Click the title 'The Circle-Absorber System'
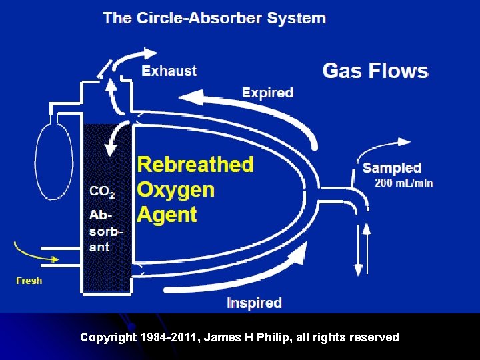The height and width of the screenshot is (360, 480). tap(214, 17)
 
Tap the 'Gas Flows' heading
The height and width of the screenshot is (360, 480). tap(375, 71)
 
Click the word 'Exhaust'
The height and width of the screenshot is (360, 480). tap(170, 71)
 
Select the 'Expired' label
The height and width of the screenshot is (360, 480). tap(267, 93)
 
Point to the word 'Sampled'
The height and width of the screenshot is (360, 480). tap(392, 168)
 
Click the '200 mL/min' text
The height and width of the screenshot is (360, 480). tap(404, 183)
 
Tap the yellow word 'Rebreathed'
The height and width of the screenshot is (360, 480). tap(195, 164)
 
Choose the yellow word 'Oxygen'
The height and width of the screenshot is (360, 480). tap(176, 189)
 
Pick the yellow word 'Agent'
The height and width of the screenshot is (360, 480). tap(167, 215)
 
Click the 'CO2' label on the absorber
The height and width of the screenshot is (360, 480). tap(102, 192)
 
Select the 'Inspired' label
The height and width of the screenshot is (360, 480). tap(254, 303)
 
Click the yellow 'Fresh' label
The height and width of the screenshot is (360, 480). tap(29, 281)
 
